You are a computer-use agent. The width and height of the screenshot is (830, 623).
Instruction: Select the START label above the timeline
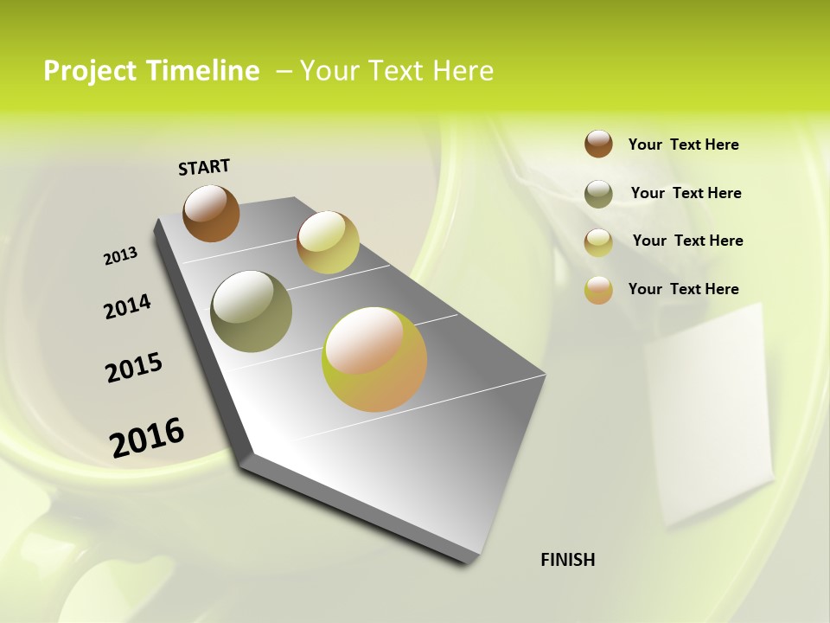pos(204,166)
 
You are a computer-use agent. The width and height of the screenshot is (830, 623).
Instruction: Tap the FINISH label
pos(567,560)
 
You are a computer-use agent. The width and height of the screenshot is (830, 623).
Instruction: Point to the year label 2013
pos(120,256)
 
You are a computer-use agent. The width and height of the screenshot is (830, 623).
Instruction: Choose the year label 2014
pos(127,306)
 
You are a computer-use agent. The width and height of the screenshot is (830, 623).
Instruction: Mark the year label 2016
pos(147,437)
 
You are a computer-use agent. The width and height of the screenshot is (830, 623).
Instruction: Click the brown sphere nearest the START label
pos(211,213)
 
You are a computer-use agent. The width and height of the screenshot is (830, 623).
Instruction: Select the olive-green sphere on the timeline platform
pos(251,311)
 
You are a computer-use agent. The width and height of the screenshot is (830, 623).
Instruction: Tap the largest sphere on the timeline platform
pos(374,359)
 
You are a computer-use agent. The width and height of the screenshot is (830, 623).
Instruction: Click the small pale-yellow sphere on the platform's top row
pos(328,242)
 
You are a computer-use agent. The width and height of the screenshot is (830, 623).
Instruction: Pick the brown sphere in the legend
pos(598,144)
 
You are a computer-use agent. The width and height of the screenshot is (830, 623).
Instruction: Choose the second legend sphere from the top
pos(598,194)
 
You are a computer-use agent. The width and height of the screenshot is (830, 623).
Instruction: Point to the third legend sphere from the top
pos(598,242)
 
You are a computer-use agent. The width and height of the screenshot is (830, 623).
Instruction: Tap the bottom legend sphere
pos(598,290)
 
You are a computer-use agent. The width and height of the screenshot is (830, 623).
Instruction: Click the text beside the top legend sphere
pos(683,145)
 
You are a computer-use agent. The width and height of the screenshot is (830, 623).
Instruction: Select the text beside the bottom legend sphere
pos(683,289)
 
